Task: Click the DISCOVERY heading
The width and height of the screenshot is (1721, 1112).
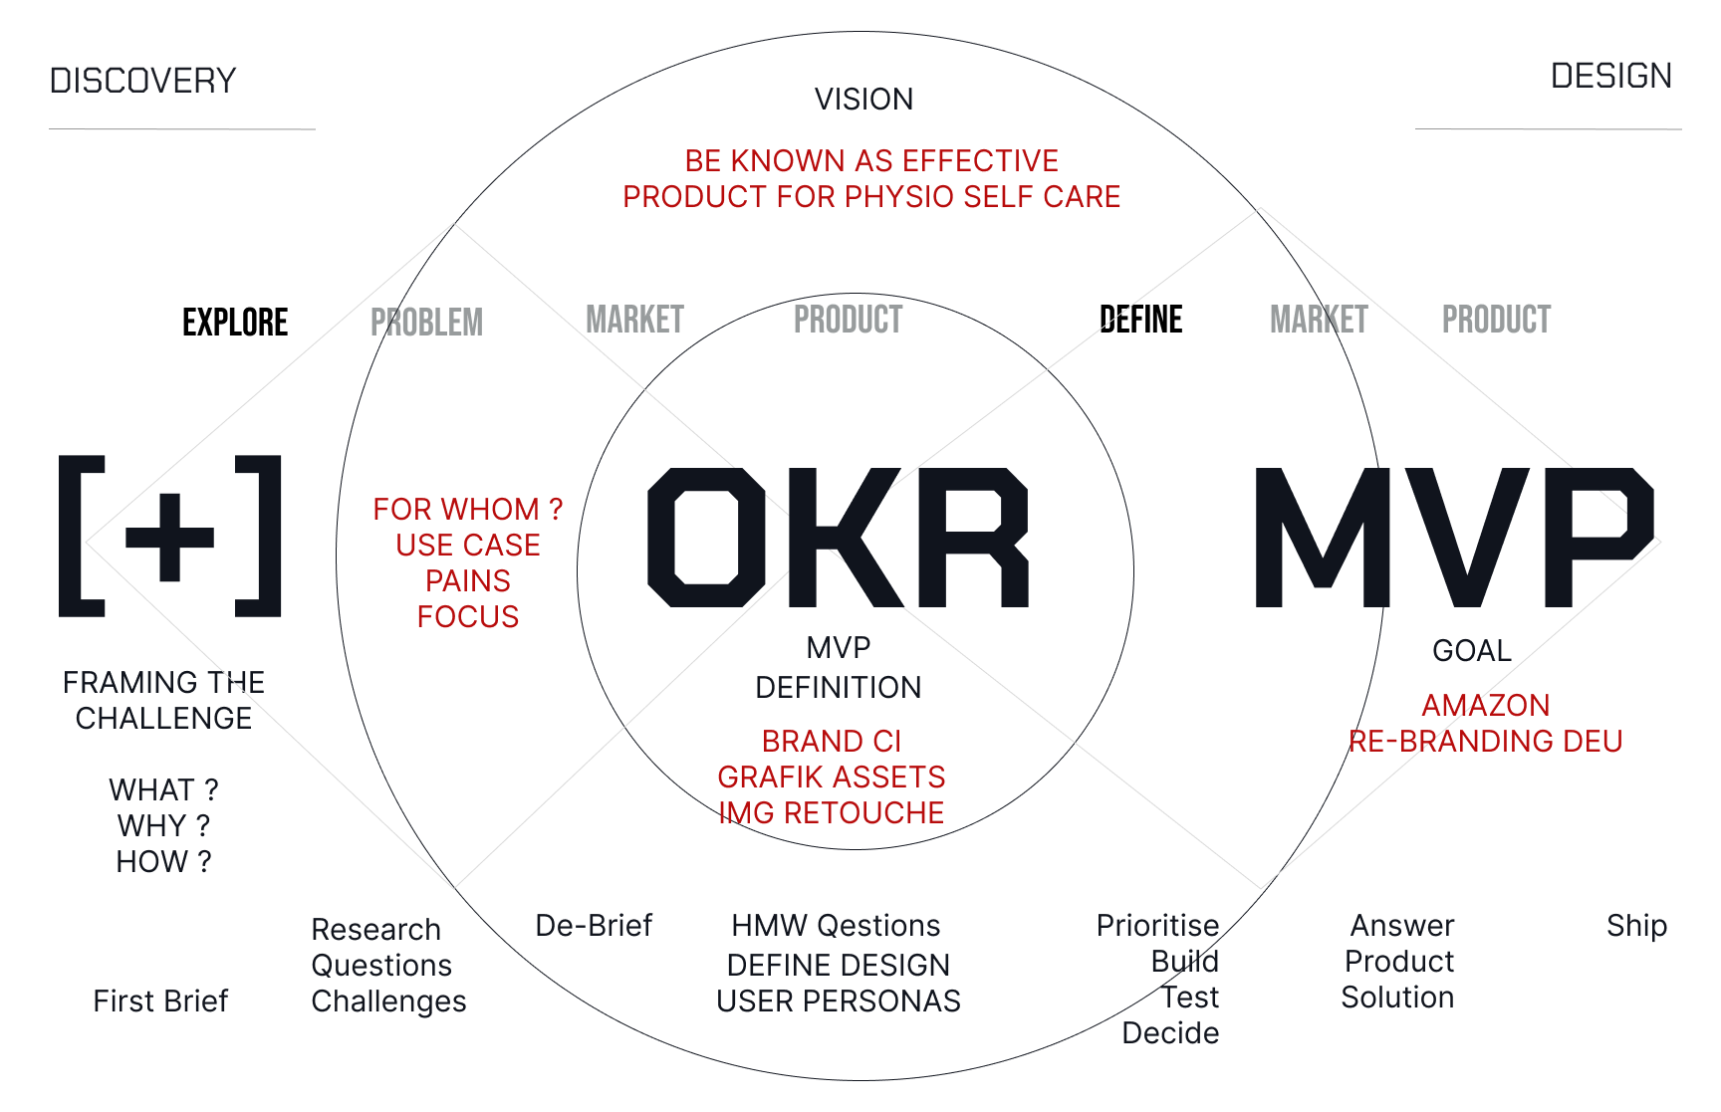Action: tap(142, 81)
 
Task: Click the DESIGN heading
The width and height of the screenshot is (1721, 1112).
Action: tap(1610, 76)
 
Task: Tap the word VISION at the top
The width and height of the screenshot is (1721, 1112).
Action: tap(863, 100)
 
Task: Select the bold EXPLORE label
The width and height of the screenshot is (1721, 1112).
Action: tap(235, 323)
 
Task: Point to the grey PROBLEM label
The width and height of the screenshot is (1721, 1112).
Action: tap(426, 323)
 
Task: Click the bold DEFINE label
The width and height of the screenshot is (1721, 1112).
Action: tap(1141, 320)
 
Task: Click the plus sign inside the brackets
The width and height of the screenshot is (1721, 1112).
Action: tap(169, 538)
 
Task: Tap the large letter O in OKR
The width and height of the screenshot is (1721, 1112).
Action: tap(706, 538)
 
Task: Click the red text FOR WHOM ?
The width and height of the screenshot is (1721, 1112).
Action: tap(467, 510)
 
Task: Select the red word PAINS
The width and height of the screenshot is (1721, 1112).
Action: tap(467, 581)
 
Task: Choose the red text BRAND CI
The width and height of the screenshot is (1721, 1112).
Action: tap(831, 742)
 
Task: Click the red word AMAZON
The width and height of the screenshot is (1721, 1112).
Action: tap(1485, 706)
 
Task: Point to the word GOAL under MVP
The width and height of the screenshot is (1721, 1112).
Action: tap(1471, 651)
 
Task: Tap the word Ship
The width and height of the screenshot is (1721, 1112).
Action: tap(1636, 926)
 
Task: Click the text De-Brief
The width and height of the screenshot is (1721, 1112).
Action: tap(594, 926)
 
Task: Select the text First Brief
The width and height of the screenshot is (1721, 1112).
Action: tap(160, 1001)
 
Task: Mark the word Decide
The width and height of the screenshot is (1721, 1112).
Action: tap(1170, 1033)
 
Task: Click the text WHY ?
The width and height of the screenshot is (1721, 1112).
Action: tap(163, 826)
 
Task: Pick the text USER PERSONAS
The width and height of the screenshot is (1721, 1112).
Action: tap(838, 1001)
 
